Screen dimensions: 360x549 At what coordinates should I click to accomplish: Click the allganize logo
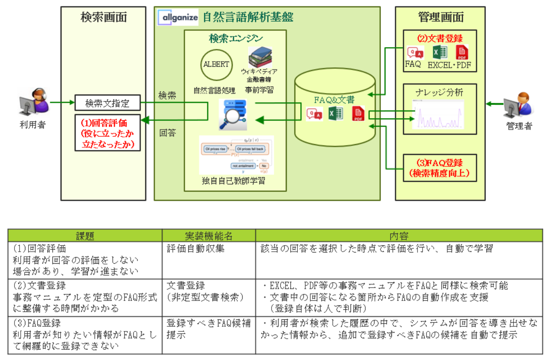(x=178, y=17)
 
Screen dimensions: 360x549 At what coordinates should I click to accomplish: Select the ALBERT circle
(x=216, y=65)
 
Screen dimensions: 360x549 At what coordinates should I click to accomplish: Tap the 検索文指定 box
(x=107, y=103)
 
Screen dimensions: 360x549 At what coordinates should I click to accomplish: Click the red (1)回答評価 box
(x=107, y=133)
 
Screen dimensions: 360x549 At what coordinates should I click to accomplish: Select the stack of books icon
(x=260, y=57)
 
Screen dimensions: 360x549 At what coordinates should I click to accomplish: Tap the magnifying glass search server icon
(x=233, y=114)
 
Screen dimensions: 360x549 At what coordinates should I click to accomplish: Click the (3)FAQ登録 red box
(x=439, y=168)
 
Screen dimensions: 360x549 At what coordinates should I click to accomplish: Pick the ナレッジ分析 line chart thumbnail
(x=438, y=115)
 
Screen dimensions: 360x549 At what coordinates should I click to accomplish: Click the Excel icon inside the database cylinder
(x=335, y=114)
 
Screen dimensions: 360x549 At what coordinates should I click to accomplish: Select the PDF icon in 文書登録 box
(x=462, y=52)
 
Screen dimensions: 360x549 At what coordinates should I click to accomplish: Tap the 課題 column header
(x=85, y=236)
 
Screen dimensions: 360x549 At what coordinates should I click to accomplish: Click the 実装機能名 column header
(x=209, y=236)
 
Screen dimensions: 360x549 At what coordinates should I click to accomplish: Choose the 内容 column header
(x=399, y=236)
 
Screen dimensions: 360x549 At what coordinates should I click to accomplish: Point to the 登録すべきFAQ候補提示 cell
(x=209, y=329)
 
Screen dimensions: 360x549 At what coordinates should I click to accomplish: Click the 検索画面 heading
(x=104, y=17)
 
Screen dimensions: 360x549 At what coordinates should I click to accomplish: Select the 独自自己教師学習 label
(x=233, y=180)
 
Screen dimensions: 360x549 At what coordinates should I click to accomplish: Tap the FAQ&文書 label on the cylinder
(x=334, y=100)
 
